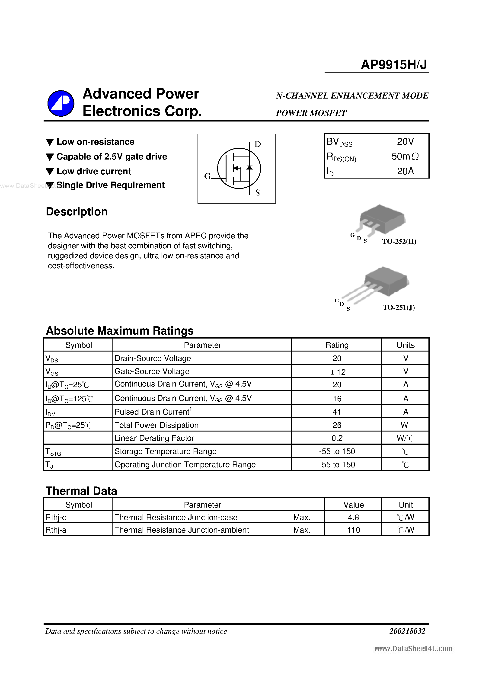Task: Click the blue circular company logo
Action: tap(61, 103)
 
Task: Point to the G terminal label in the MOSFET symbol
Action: tap(207, 176)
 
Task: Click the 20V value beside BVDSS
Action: tap(405, 141)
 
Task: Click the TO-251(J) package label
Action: tap(399, 307)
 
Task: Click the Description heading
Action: tap(77, 212)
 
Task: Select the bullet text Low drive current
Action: tap(94, 171)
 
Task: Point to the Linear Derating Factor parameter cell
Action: tap(154, 438)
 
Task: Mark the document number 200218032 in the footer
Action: tap(407, 631)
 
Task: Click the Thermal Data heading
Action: tap(82, 491)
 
